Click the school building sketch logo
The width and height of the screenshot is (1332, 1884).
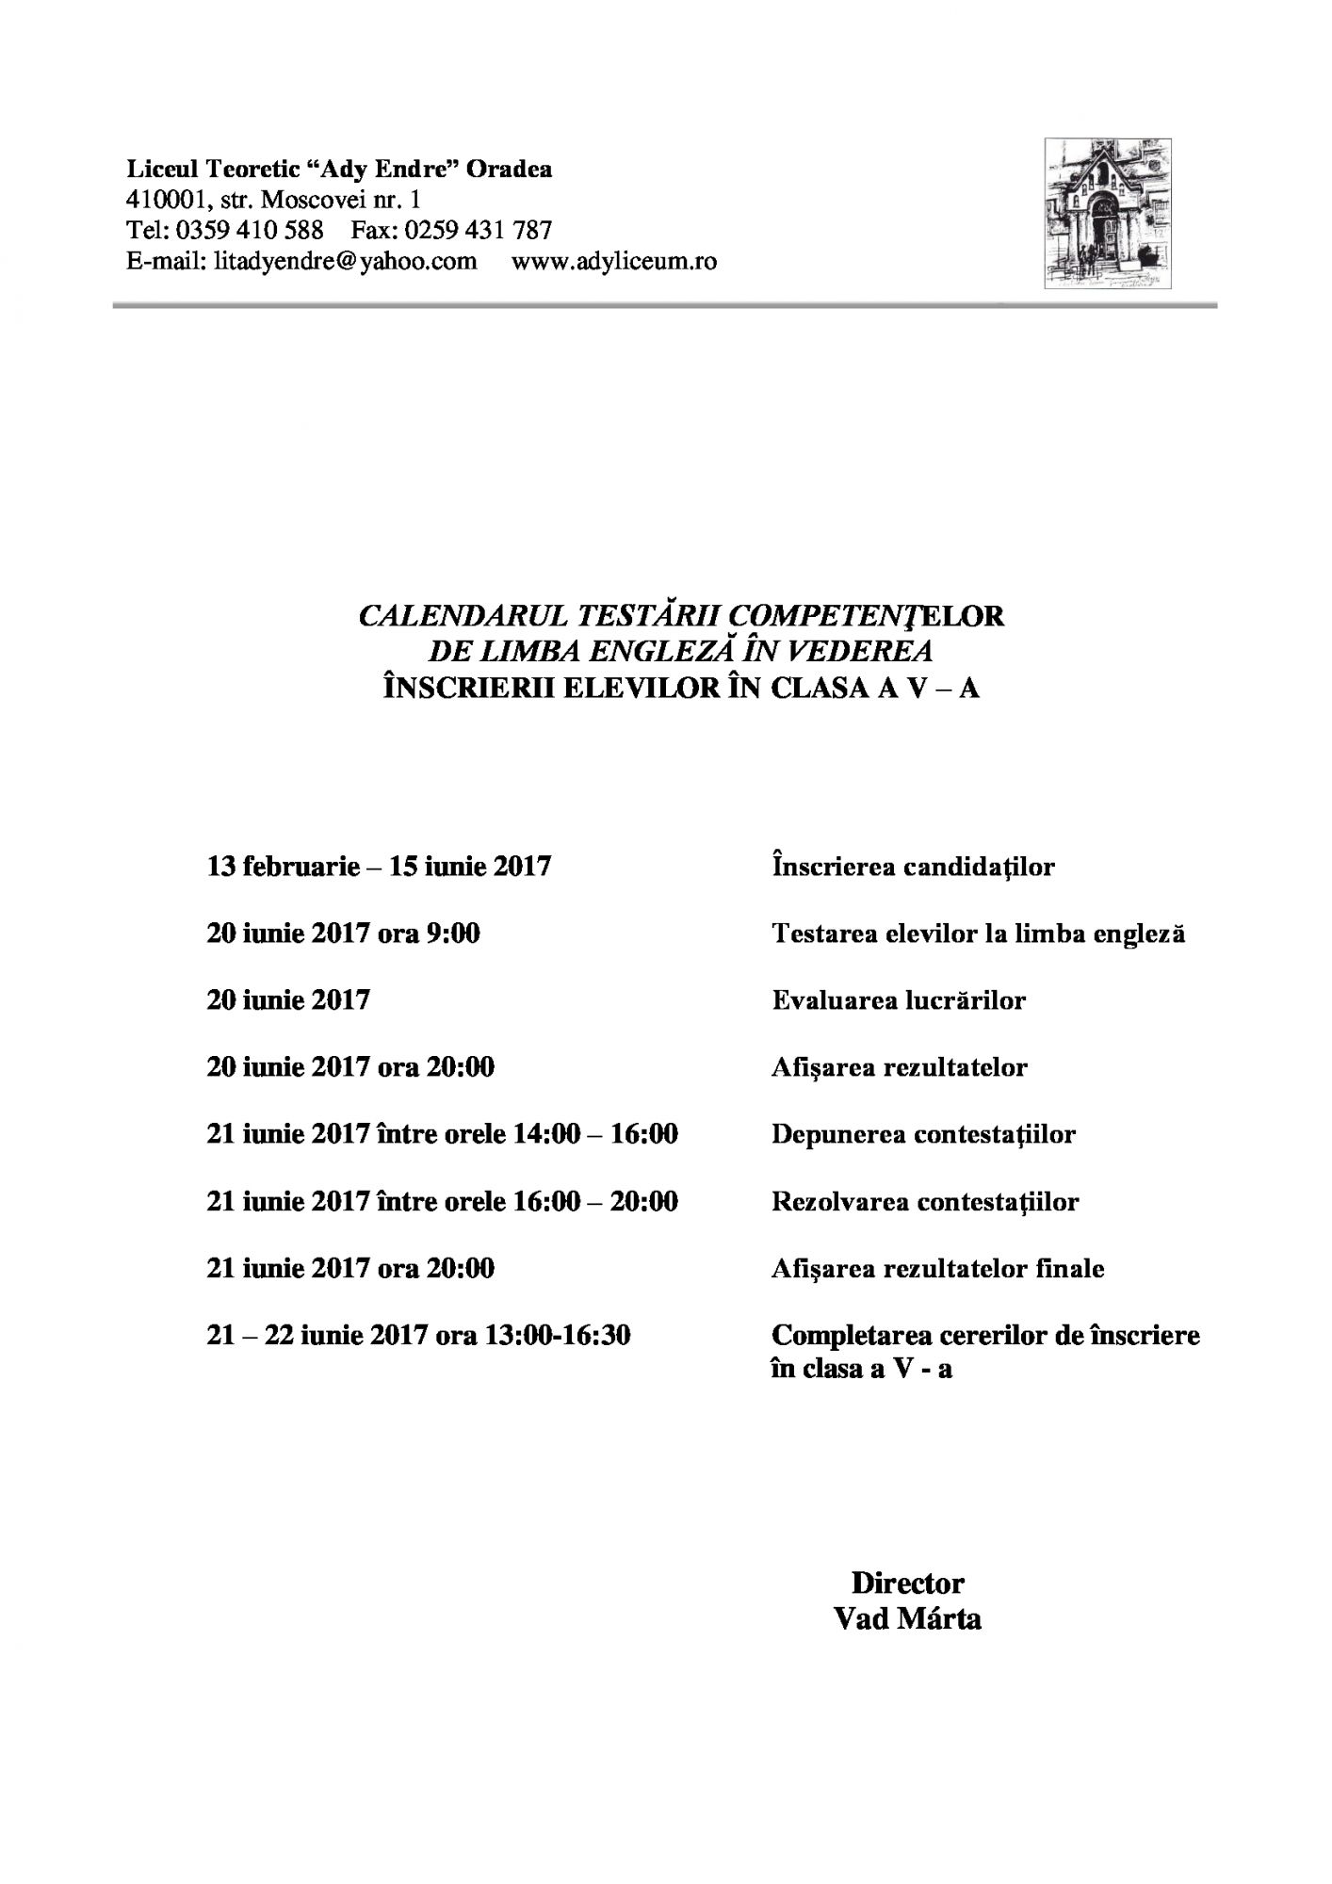tap(1108, 214)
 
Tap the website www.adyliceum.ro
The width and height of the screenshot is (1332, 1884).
tap(613, 261)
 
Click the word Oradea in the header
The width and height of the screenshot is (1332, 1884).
tap(510, 170)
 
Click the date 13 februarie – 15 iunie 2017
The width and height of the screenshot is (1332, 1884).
tap(379, 866)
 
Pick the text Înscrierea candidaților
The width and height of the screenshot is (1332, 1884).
tap(913, 866)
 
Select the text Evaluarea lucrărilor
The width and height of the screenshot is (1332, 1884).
tap(899, 999)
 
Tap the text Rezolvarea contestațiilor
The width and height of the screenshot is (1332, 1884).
tap(925, 1202)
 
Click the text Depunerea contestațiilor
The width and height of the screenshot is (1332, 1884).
tap(923, 1134)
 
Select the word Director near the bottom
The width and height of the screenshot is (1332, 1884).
tap(907, 1583)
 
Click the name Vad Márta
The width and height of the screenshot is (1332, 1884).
tap(907, 1619)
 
